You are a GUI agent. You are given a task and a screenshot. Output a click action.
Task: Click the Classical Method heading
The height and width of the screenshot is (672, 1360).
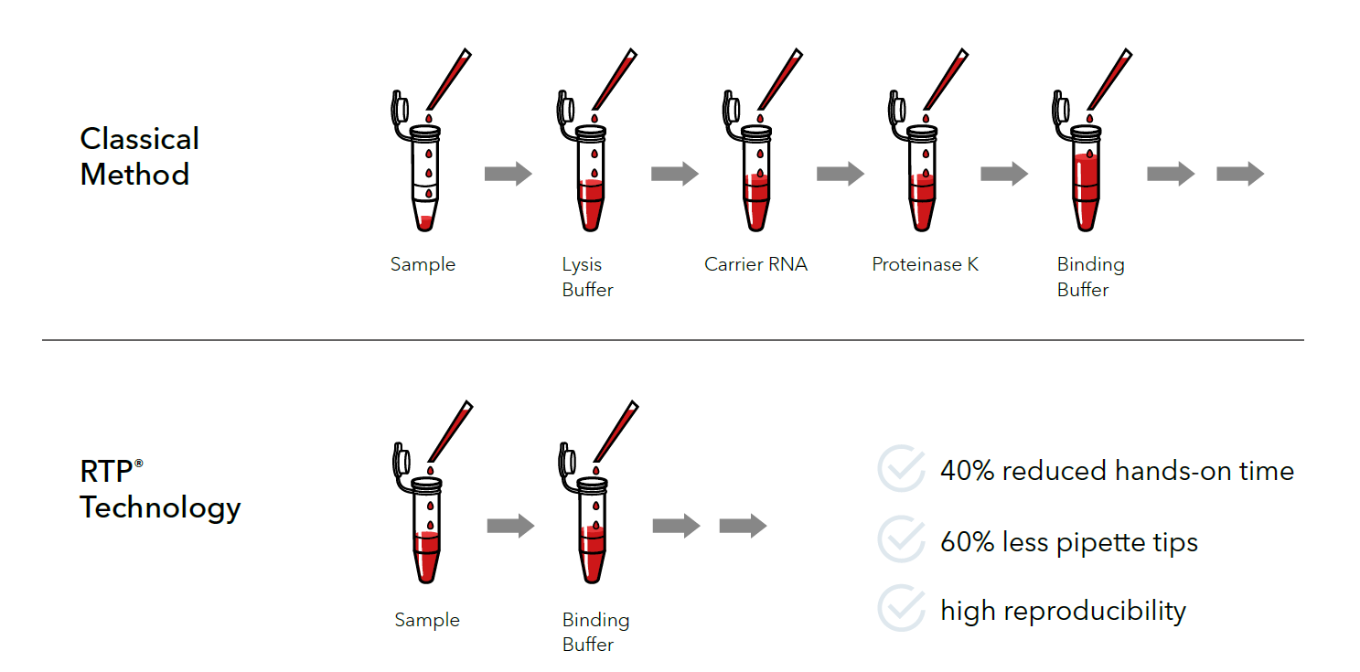(x=139, y=156)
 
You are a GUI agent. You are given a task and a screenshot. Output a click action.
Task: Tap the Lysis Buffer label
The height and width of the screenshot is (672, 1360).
(x=587, y=277)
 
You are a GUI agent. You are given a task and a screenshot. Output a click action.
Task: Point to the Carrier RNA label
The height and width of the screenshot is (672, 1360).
(x=755, y=264)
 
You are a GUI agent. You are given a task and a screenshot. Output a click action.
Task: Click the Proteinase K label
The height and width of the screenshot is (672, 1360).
(x=925, y=264)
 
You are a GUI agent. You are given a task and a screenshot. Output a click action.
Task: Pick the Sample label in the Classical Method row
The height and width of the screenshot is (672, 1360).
(x=423, y=264)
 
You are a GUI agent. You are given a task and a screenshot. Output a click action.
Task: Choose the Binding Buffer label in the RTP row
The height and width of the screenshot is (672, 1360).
(x=595, y=632)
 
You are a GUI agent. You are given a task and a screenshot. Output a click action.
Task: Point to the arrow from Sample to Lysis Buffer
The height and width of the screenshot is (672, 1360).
(x=508, y=174)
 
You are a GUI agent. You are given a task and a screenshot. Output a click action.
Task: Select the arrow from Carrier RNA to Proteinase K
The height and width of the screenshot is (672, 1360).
(x=840, y=174)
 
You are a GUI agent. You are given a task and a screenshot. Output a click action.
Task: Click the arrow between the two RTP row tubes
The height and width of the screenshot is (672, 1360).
(x=510, y=526)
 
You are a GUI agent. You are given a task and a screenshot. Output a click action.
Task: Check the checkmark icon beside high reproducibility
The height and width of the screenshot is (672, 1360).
(x=901, y=609)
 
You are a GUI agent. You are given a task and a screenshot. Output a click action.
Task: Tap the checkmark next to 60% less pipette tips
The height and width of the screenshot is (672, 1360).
(x=901, y=539)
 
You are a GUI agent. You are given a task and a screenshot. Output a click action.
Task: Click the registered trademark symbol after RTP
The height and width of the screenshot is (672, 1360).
(x=139, y=464)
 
